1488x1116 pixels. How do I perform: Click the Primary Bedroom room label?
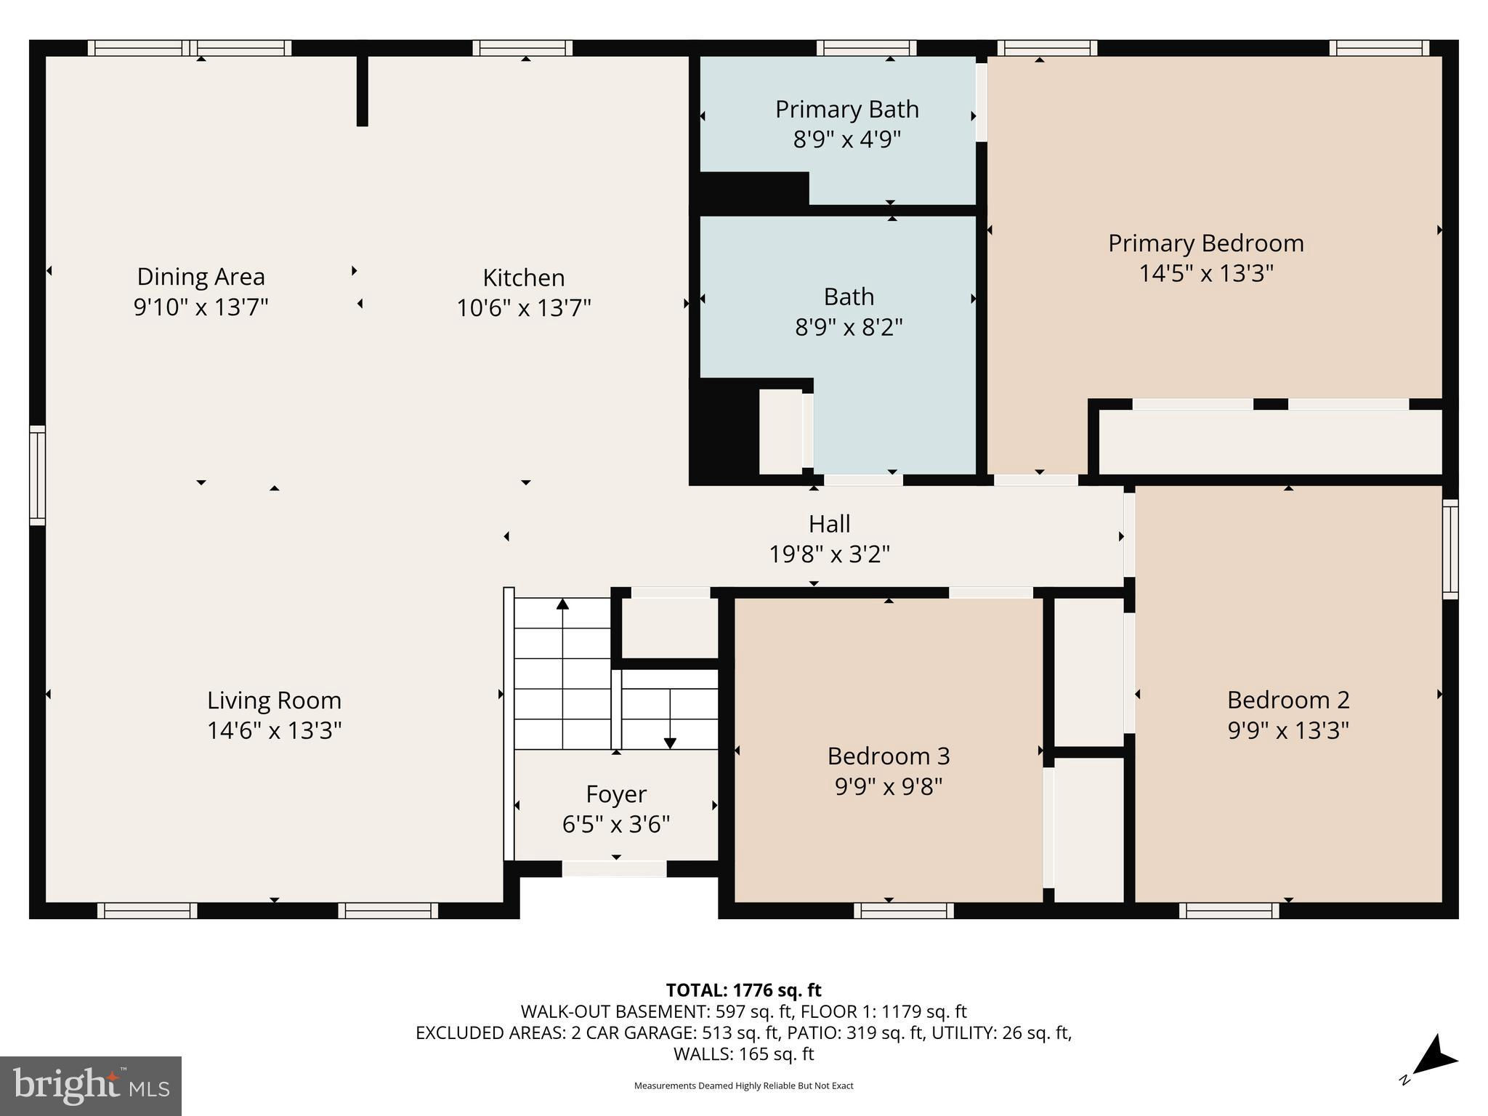1206,243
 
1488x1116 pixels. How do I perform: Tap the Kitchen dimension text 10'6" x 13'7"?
524,308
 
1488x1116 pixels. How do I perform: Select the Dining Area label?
201,277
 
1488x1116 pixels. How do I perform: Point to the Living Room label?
275,700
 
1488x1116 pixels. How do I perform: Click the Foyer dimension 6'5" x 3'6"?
616,825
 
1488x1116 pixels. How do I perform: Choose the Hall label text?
830,524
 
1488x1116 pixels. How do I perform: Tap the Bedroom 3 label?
889,756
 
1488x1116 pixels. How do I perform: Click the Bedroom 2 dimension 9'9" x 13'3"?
1288,730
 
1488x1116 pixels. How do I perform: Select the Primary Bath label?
847,109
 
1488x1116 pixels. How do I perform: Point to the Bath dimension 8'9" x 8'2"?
849,328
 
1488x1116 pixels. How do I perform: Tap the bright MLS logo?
91,1085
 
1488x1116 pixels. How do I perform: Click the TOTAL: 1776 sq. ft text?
743,990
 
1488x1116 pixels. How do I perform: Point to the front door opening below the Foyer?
614,868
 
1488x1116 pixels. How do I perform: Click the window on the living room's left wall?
37,475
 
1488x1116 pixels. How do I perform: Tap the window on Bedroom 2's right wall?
1450,549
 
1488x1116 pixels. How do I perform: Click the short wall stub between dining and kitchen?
363,91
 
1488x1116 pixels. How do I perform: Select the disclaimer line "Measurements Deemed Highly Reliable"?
743,1085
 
